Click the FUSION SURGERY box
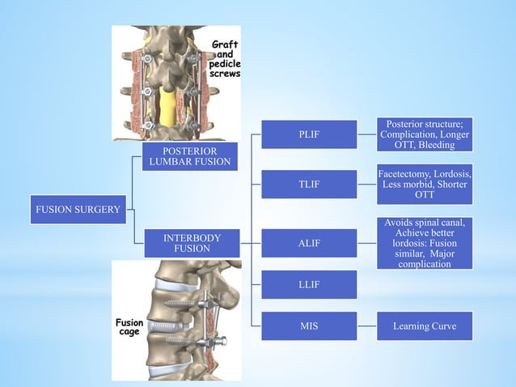click(78, 210)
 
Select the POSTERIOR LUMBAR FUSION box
click(189, 157)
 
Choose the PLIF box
click(309, 134)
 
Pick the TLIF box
click(309, 185)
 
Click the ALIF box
click(309, 243)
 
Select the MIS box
click(309, 326)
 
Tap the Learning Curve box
click(425, 326)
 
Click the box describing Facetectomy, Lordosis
click(425, 185)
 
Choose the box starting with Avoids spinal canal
click(425, 243)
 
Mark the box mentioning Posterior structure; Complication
click(425, 134)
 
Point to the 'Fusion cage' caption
click(129, 328)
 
